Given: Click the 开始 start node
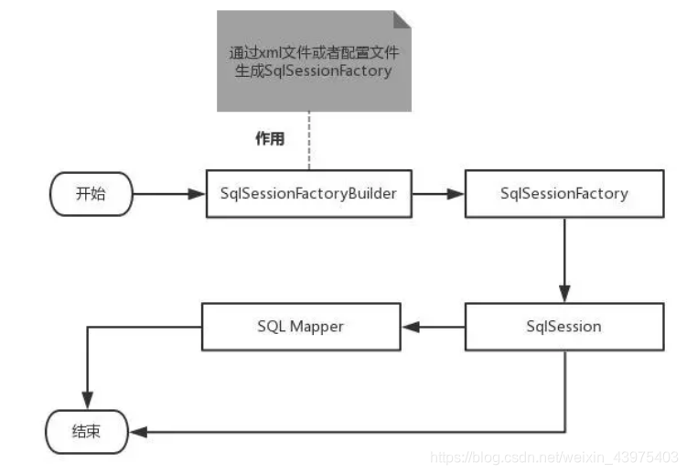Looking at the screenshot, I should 91,194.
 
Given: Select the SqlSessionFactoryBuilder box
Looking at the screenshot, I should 308,194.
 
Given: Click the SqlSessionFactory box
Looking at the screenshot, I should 564,194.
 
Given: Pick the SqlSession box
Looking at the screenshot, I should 564,327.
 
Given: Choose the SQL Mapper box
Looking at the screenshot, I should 300,327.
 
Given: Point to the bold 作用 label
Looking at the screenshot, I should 269,139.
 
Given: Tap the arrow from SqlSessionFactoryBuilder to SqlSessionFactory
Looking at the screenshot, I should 437,194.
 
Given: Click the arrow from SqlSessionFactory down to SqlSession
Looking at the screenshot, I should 564,261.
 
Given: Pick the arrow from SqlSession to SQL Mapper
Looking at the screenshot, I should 432,327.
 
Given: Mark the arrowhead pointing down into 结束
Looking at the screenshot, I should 86,401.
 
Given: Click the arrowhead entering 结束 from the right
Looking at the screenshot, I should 137,431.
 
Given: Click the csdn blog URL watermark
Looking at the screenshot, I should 553,456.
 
